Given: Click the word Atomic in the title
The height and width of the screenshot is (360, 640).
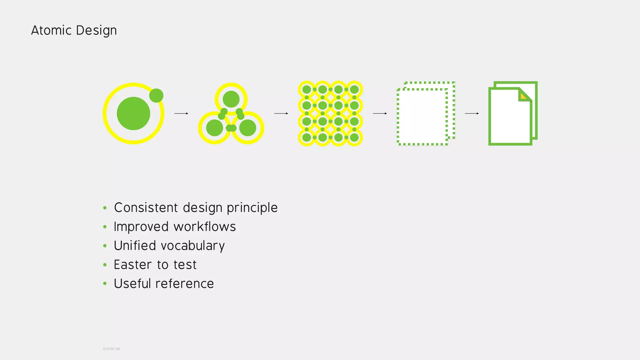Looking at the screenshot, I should [x=51, y=30].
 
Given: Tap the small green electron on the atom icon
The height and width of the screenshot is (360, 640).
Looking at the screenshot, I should [x=156, y=95].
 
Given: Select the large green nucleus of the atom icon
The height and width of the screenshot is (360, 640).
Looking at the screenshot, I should [x=133, y=113].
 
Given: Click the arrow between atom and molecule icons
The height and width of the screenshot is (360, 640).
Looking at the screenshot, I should [x=181, y=113].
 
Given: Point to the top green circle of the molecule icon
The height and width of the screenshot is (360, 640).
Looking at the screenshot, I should [x=231, y=99].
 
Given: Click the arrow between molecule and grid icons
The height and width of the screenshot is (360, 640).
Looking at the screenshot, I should [x=281, y=113].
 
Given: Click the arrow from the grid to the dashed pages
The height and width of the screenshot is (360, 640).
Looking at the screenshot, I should [x=380, y=113].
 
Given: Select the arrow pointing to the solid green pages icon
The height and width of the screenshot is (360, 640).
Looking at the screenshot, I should [x=472, y=113].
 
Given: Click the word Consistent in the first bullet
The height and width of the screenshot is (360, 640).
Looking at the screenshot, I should [x=146, y=208].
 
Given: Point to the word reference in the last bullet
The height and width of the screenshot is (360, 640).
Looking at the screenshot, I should [x=184, y=284].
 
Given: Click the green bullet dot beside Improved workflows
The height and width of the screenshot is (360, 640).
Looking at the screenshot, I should [x=105, y=227].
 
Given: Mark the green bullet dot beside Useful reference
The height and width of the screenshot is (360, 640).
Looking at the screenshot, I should [x=105, y=284].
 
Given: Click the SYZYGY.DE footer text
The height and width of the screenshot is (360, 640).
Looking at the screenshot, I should [x=112, y=349].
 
